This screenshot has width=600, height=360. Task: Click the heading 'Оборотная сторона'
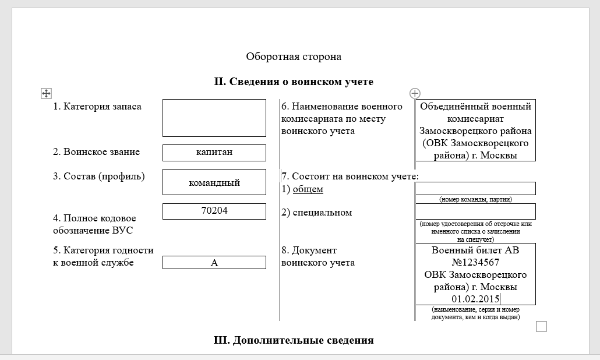(293, 57)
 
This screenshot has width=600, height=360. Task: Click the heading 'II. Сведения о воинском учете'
(294, 82)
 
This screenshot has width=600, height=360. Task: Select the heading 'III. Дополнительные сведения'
(294, 340)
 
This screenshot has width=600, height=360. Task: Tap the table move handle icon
(47, 93)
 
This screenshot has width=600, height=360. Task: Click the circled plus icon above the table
(415, 93)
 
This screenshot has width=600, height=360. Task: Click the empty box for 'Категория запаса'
(214, 118)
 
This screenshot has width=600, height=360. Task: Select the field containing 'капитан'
(214, 152)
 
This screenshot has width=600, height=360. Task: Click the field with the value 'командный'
(214, 182)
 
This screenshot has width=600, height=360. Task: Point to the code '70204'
(214, 210)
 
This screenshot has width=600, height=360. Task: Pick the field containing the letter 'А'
(214, 263)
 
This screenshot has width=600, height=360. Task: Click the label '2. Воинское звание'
(97, 152)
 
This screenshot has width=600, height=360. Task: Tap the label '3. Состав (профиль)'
(99, 176)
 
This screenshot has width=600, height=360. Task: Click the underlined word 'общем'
(308, 189)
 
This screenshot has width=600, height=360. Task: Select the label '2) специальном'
(316, 213)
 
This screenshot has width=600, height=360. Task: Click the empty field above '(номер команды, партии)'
(475, 188)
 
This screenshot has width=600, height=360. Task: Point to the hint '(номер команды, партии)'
(475, 199)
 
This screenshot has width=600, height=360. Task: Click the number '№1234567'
(475, 262)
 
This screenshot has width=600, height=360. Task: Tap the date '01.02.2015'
(475, 299)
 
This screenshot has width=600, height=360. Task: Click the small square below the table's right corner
(541, 326)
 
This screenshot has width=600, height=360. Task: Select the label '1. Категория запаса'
(97, 107)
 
